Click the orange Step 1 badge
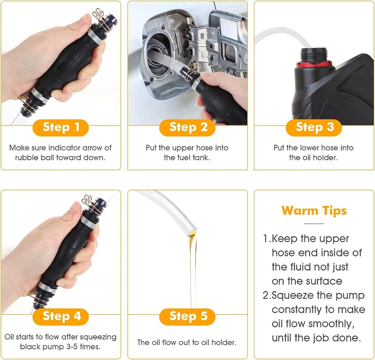[x=61, y=127]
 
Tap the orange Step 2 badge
[x=187, y=127]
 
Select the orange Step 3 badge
[x=314, y=127]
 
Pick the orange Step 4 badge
[x=61, y=317]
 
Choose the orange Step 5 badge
[x=187, y=317]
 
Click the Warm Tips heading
[x=314, y=211]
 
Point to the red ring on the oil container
[x=314, y=64]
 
